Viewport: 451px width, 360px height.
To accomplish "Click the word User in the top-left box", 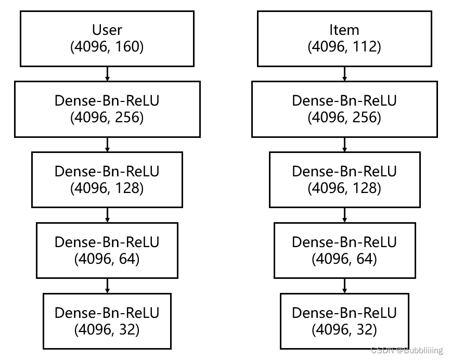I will click(x=107, y=30).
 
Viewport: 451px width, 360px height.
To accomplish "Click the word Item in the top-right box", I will click(x=344, y=30).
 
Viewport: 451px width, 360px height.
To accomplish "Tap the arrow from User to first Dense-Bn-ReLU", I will click(x=107, y=73).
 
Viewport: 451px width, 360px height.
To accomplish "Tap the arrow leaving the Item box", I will click(x=344, y=73).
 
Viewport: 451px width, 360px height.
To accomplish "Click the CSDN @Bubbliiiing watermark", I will click(x=407, y=351).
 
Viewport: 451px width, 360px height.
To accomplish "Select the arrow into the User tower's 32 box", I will click(x=107, y=286).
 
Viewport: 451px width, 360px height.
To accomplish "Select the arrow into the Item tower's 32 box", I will click(x=344, y=286).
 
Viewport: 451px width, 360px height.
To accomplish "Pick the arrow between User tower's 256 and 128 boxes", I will click(x=107, y=144).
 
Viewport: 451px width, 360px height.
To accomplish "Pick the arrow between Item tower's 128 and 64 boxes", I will click(x=344, y=215).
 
